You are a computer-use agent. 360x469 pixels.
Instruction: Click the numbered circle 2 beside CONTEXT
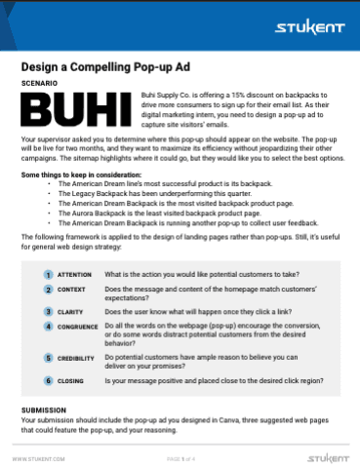[48, 291]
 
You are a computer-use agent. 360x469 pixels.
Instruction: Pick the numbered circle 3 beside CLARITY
[48, 310]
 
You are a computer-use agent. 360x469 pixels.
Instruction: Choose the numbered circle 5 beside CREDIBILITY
[48, 358]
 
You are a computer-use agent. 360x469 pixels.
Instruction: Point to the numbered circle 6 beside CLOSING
[48, 381]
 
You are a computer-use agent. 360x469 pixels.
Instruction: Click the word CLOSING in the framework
[70, 381]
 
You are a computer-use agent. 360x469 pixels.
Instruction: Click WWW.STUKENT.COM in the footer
[39, 456]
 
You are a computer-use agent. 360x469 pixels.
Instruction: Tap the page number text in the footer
[181, 456]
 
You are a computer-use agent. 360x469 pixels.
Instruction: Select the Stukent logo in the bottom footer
[324, 455]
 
